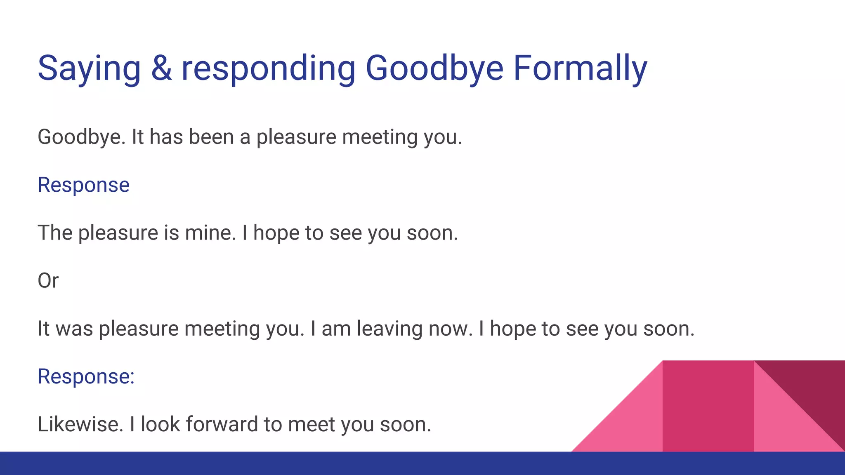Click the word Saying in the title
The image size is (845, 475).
[89, 68]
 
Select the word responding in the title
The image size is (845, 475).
[268, 68]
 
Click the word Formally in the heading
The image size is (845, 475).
[580, 68]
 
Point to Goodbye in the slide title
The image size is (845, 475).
[434, 68]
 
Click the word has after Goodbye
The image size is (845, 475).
[166, 137]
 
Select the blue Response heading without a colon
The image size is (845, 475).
[83, 185]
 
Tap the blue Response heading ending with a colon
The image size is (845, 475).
[86, 376]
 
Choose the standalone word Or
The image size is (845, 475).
[48, 281]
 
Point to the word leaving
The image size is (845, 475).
[389, 329]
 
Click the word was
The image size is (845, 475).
[74, 329]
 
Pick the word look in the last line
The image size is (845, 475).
[160, 424]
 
